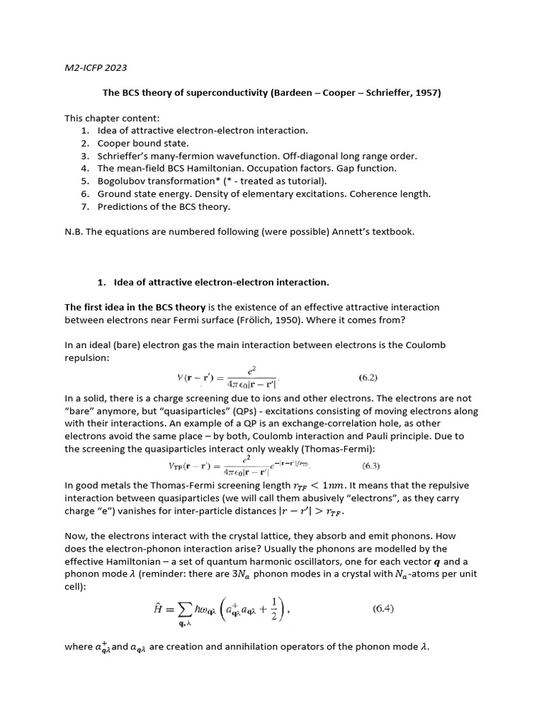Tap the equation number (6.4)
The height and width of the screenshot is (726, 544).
pyautogui.click(x=390, y=608)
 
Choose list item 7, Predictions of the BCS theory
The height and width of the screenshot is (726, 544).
pyautogui.click(x=164, y=206)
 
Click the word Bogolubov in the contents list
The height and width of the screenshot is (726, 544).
pyautogui.click(x=121, y=181)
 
